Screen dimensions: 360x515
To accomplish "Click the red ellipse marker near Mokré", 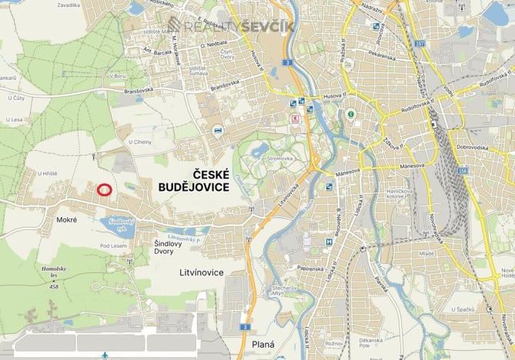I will point(105,189).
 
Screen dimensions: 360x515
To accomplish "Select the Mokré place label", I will point(67,221).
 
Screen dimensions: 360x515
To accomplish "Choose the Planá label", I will point(263,344).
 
